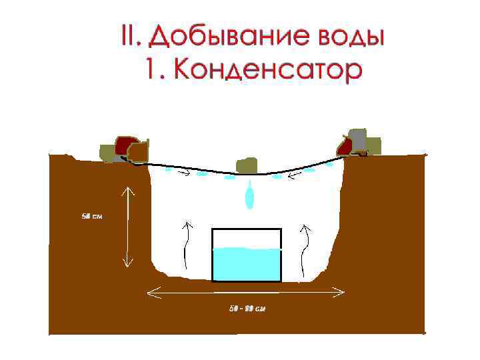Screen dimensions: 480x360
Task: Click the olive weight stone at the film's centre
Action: point(247,165)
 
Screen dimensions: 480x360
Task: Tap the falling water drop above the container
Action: point(250,197)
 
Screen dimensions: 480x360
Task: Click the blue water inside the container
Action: point(247,264)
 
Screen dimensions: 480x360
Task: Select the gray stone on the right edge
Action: point(357,139)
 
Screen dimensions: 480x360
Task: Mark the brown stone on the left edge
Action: point(137,153)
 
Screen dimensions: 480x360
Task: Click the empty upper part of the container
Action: point(247,238)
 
